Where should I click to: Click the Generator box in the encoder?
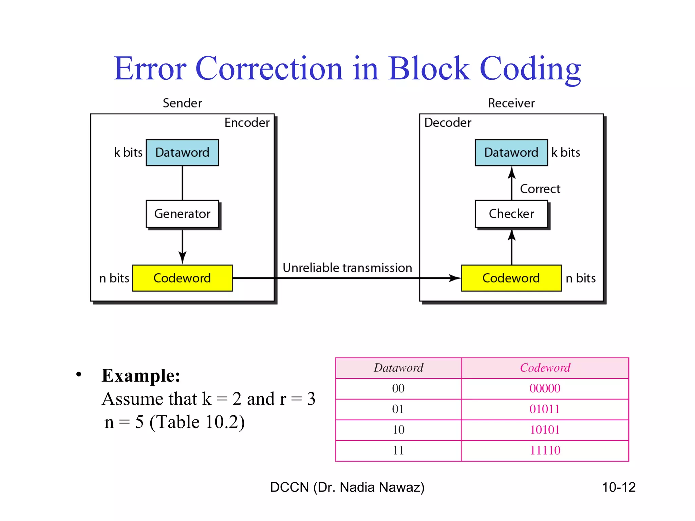[182, 214]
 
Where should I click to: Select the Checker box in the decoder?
[511, 214]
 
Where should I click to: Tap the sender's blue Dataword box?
[182, 153]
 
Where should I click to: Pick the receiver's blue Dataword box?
[511, 153]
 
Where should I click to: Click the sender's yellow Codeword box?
[182, 278]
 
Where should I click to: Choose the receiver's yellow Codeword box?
[511, 278]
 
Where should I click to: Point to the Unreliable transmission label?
[347, 268]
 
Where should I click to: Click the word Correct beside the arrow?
[540, 189]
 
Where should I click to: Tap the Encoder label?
[247, 123]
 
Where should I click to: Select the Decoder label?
[448, 123]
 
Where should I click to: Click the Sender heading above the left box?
[182, 103]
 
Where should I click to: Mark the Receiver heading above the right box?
[511, 103]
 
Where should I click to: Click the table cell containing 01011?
[545, 409]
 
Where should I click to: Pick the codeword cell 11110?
[545, 450]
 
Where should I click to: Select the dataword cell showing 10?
[398, 430]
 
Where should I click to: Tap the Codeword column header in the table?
[545, 368]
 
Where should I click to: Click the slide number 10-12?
[618, 487]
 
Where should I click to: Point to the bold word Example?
[141, 376]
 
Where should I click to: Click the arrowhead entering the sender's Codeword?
[182, 258]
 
